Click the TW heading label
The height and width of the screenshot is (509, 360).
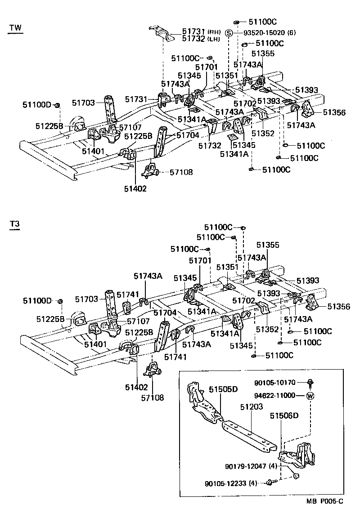(15, 27)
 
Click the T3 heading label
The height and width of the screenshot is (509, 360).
(14, 224)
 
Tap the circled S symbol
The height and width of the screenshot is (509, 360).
(229, 33)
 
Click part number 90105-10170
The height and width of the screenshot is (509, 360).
(274, 383)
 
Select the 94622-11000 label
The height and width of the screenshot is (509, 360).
(274, 396)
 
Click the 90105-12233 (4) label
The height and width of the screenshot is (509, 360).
(231, 483)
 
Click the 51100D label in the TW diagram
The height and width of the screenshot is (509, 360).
(37, 105)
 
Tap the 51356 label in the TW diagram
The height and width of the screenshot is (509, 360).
(334, 112)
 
